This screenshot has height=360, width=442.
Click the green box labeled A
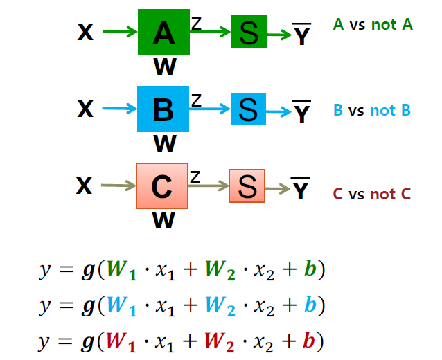point(163,33)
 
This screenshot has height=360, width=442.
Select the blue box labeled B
point(163,109)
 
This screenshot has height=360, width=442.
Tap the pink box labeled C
point(162,186)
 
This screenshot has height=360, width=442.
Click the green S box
point(248,33)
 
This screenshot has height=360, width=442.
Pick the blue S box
point(248,109)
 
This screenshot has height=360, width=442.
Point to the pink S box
point(247,186)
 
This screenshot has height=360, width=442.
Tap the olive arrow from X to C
point(118,186)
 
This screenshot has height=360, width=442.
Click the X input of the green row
point(85,33)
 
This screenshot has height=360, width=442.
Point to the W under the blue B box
point(164,143)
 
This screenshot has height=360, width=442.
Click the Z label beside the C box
point(196,177)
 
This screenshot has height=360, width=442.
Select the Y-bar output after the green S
point(301,35)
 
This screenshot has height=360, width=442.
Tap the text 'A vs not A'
point(372,25)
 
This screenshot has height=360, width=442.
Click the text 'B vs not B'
point(372,110)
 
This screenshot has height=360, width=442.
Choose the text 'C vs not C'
point(371,194)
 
